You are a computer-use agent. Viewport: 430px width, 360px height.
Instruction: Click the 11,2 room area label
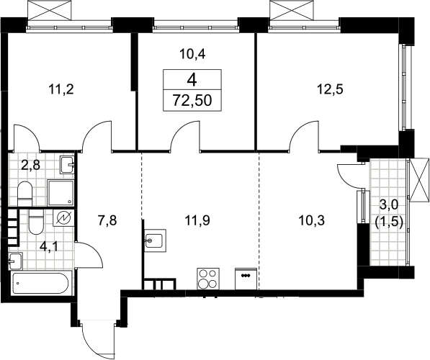tap(61, 89)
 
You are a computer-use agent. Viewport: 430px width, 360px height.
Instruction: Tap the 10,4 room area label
tap(192, 54)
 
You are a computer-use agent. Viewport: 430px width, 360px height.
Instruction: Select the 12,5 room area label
tap(330, 89)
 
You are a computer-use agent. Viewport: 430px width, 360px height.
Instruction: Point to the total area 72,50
tap(192, 100)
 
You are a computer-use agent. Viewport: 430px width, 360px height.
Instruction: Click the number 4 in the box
tap(192, 80)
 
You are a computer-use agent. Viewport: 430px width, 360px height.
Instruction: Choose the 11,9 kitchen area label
tap(197, 220)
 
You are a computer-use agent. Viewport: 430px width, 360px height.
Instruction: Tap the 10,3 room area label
tap(312, 220)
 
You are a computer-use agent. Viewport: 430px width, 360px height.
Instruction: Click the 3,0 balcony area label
tap(389, 204)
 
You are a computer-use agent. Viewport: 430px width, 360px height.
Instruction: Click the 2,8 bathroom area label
tap(31, 166)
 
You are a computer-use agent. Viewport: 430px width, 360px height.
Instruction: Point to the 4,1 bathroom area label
tap(50, 246)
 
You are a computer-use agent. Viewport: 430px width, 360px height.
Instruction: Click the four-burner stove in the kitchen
tap(208, 279)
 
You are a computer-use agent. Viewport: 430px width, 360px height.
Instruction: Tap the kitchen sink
tap(155, 240)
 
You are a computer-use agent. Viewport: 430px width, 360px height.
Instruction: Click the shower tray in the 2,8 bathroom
tap(61, 193)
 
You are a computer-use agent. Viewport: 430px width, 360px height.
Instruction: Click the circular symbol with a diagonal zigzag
tap(63, 218)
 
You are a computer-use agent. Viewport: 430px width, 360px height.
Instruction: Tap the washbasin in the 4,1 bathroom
tap(15, 261)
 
